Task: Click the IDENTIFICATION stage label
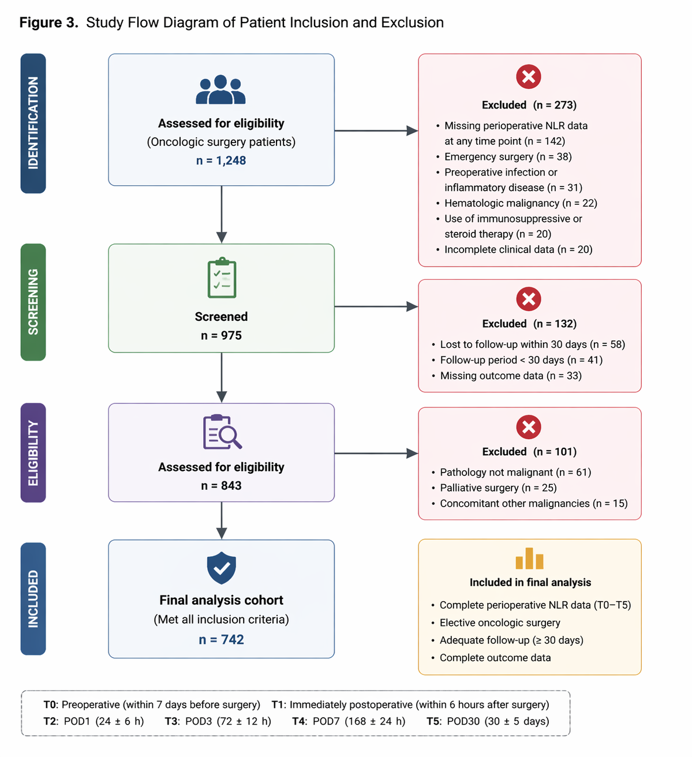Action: [x=33, y=123]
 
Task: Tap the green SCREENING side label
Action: [x=33, y=302]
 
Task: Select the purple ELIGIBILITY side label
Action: [x=33, y=452]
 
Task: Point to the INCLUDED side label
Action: [x=33, y=598]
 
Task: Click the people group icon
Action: [x=220, y=89]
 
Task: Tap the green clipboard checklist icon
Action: [x=222, y=278]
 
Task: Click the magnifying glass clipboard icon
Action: [x=222, y=432]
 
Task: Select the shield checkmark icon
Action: [x=221, y=568]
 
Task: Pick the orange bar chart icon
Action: [x=529, y=558]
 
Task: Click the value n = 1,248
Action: [x=221, y=160]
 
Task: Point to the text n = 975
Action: [x=221, y=335]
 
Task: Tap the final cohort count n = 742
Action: [x=221, y=639]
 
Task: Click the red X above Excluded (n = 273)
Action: [x=529, y=77]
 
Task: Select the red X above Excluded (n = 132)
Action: [x=529, y=299]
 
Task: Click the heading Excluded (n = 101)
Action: [x=529, y=451]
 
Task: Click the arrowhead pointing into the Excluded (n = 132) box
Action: [x=412, y=306]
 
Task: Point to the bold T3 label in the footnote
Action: [x=172, y=721]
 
